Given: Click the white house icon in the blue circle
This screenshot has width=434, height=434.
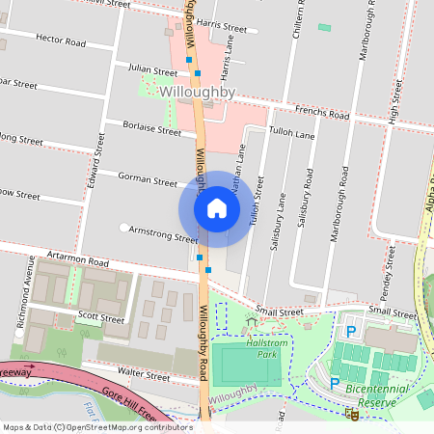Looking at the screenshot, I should tap(217, 208).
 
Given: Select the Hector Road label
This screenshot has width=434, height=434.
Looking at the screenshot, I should tap(61, 42).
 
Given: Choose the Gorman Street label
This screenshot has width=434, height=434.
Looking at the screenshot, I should tap(147, 178).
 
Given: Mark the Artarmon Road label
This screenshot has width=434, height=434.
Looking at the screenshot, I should tap(72, 260).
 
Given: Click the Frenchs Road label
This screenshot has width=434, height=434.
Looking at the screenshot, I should tap(322, 114).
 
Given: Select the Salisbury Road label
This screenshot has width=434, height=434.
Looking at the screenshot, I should tap(309, 198).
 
